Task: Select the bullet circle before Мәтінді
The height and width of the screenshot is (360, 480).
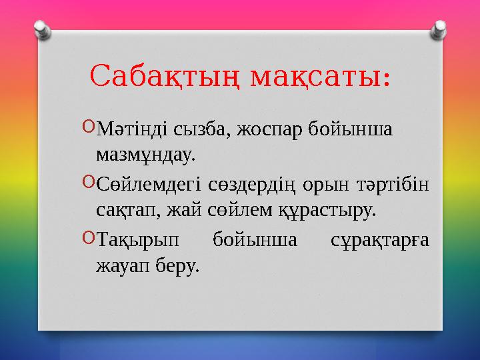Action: (90, 126)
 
